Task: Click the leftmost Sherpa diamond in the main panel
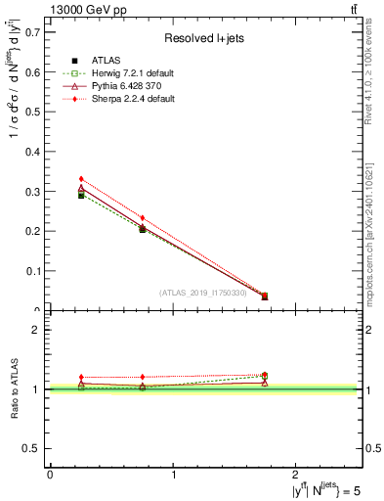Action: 81,179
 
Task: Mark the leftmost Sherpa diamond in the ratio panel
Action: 81,377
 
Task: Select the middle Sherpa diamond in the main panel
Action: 143,218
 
